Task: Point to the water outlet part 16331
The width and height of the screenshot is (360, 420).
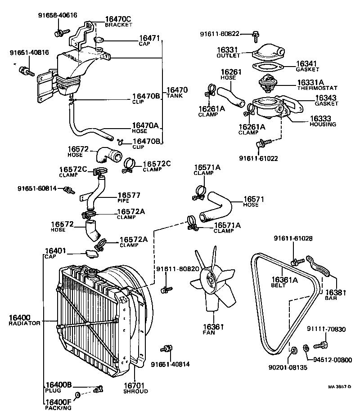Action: [x=267, y=53]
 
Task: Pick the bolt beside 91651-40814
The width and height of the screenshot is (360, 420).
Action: [x=167, y=349]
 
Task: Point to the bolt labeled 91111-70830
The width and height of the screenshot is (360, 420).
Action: [x=320, y=345]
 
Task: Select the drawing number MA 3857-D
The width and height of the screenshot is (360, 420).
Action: [x=339, y=387]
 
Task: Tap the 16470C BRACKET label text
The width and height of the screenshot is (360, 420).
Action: [x=117, y=21]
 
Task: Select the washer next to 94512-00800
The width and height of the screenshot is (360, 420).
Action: [x=305, y=347]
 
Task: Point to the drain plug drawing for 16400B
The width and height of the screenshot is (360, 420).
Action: [x=99, y=389]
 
